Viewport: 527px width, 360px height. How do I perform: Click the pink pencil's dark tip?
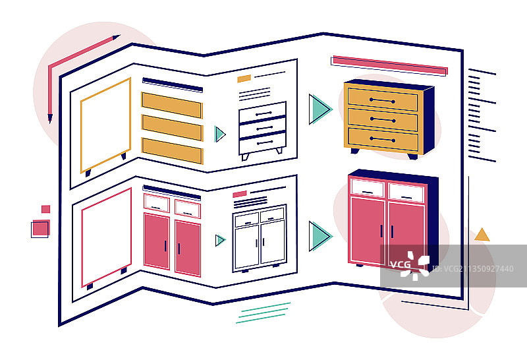click(49, 119)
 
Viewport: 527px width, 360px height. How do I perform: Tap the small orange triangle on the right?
click(482, 235)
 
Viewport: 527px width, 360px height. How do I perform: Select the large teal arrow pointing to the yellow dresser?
click(319, 109)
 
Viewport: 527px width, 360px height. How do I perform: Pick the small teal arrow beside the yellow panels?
click(219, 135)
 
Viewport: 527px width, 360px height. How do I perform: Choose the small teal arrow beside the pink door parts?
click(219, 240)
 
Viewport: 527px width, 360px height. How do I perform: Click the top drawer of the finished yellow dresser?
click(382, 100)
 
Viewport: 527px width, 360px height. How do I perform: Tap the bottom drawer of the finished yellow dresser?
click(382, 140)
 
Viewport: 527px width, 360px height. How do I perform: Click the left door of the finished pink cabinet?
click(368, 229)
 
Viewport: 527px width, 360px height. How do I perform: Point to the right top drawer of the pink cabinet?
click(406, 193)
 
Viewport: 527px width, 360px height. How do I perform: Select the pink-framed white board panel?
click(106, 237)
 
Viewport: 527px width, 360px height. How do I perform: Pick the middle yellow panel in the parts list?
click(172, 127)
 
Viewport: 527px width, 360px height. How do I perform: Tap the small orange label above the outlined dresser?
click(244, 78)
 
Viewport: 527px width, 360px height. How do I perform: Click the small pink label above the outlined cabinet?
click(240, 195)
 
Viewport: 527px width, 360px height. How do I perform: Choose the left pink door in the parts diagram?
click(156, 241)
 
